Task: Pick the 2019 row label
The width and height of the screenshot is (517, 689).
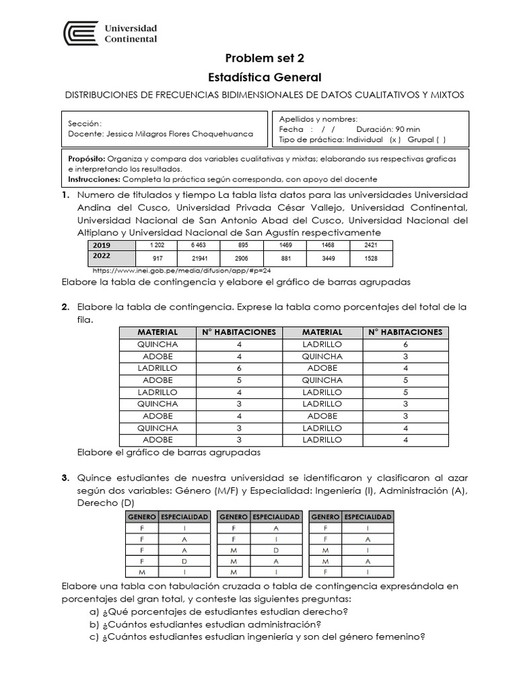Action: coord(102,246)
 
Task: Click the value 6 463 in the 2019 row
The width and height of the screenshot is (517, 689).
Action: coord(199,246)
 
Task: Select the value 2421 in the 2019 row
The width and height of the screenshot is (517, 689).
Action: coord(370,246)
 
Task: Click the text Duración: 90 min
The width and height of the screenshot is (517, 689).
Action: coord(388,129)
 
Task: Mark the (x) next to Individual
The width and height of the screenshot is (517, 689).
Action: coord(395,139)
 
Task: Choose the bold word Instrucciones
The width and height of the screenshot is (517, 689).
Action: coord(94,179)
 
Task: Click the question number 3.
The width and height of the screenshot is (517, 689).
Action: coord(65,478)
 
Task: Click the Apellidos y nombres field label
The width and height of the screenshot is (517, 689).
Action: coord(318,118)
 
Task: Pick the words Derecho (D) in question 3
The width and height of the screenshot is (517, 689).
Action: coord(106,503)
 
